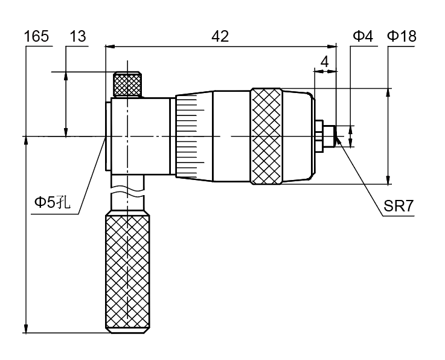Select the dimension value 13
pos(77,37)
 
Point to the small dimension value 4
pos(324,62)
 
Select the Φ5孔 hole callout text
pos(53,203)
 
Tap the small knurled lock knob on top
pos(127,84)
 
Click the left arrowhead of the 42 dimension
pos(109,45)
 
